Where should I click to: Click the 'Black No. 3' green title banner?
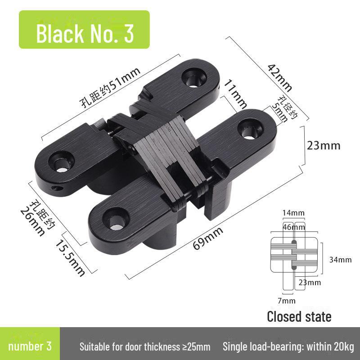point(85,34)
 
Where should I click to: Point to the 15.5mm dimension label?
point(70,257)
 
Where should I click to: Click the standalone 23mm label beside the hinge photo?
point(323,146)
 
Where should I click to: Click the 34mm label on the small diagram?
point(340,260)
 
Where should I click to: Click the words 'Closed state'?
point(299,316)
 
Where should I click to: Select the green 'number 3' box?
point(30,346)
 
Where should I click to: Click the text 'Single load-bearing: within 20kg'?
point(288,347)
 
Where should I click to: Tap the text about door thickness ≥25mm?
point(145,347)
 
